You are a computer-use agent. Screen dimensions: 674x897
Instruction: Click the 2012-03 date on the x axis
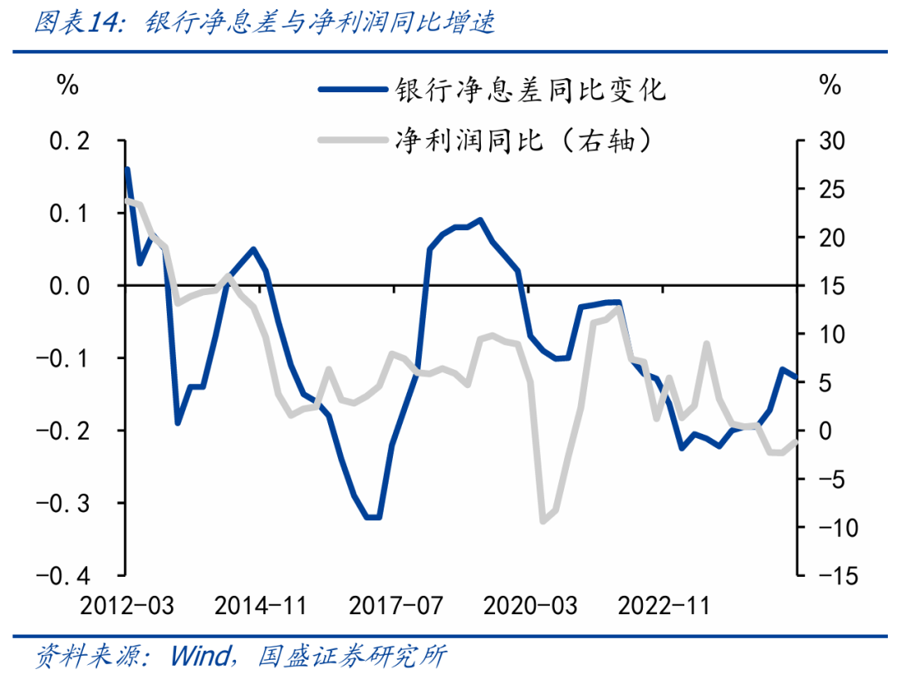pyautogui.click(x=127, y=606)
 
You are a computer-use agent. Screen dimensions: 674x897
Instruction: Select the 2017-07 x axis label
pyautogui.click(x=395, y=606)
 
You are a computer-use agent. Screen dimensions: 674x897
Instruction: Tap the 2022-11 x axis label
pyautogui.click(x=664, y=606)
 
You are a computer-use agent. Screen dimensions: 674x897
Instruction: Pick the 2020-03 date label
pyautogui.click(x=530, y=606)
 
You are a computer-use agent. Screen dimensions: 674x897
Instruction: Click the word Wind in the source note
pyautogui.click(x=202, y=656)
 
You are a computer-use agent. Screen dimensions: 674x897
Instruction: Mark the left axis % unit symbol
pyautogui.click(x=67, y=85)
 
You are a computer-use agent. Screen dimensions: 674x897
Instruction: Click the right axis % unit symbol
pyautogui.click(x=829, y=85)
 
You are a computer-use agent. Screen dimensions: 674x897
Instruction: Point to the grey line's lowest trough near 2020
pyautogui.click(x=544, y=521)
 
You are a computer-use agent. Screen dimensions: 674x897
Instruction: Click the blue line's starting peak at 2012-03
pyautogui.click(x=127, y=169)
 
